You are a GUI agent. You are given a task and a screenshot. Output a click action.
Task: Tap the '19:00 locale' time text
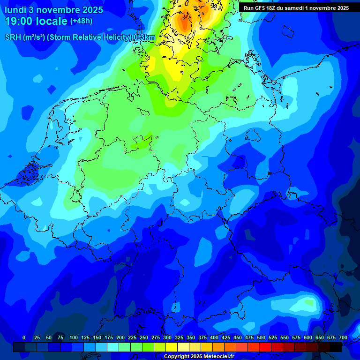tap(36, 21)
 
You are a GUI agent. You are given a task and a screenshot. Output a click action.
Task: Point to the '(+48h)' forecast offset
tap(81, 21)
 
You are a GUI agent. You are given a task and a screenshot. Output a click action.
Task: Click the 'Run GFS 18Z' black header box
tap(296, 8)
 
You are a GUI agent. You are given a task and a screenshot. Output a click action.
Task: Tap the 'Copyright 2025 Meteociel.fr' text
tap(199, 357)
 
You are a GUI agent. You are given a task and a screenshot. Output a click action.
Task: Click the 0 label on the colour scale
tap(24, 337)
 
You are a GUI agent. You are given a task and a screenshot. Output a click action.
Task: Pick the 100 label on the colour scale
tap(74, 337)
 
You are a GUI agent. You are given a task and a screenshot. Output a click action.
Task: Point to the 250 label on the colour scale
tap(144, 337)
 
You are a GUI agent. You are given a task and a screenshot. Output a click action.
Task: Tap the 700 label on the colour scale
tap(343, 337)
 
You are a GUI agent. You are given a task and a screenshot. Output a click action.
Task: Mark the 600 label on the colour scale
tap(308, 337)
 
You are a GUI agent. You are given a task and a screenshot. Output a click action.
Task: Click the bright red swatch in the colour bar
tap(265, 347)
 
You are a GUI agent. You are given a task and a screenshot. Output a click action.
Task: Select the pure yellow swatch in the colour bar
tap(172, 347)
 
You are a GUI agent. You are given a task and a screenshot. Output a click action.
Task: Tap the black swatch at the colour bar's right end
tap(336, 347)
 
